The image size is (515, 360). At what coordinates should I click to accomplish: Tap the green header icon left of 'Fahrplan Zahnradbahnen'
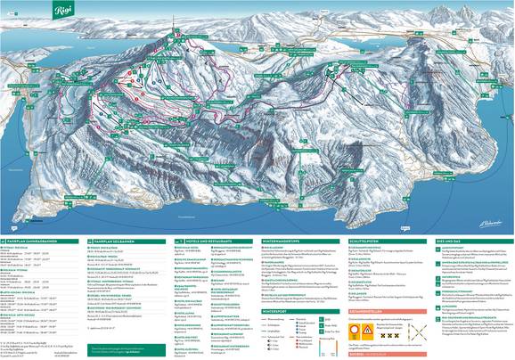click(5, 241)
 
